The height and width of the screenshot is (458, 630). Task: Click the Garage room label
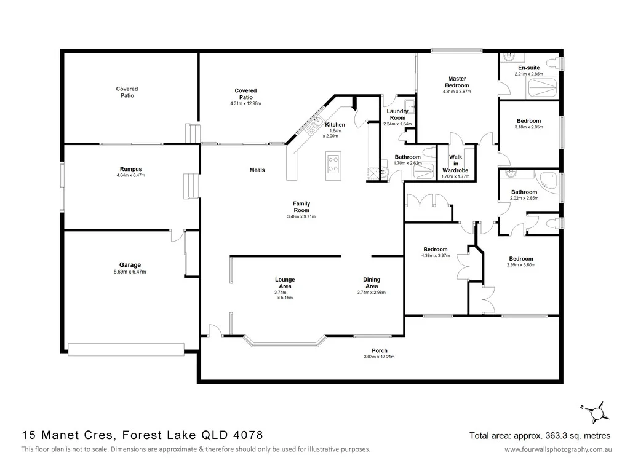tap(126, 265)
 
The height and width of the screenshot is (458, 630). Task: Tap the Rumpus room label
tap(130, 169)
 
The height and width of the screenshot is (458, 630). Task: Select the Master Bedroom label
tap(457, 82)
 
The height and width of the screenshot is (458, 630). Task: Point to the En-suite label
tap(528, 68)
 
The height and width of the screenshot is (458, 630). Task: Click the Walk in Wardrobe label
tap(455, 164)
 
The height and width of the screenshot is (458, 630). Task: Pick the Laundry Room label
tap(397, 114)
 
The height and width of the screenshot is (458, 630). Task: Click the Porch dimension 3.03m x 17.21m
tap(379, 357)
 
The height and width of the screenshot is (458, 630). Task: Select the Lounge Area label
tap(285, 283)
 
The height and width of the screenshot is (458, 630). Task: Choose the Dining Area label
tap(371, 283)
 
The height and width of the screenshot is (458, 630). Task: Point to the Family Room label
tap(301, 207)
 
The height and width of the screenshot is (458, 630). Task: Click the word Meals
tap(257, 170)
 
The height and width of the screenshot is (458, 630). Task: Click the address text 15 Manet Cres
tap(68, 435)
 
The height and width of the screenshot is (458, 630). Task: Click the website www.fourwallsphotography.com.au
tap(558, 449)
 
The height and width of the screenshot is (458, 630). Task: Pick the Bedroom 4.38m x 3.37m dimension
tap(436, 256)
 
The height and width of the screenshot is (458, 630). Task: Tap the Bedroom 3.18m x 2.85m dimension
tap(528, 128)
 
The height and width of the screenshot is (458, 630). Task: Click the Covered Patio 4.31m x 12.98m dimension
tap(245, 103)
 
